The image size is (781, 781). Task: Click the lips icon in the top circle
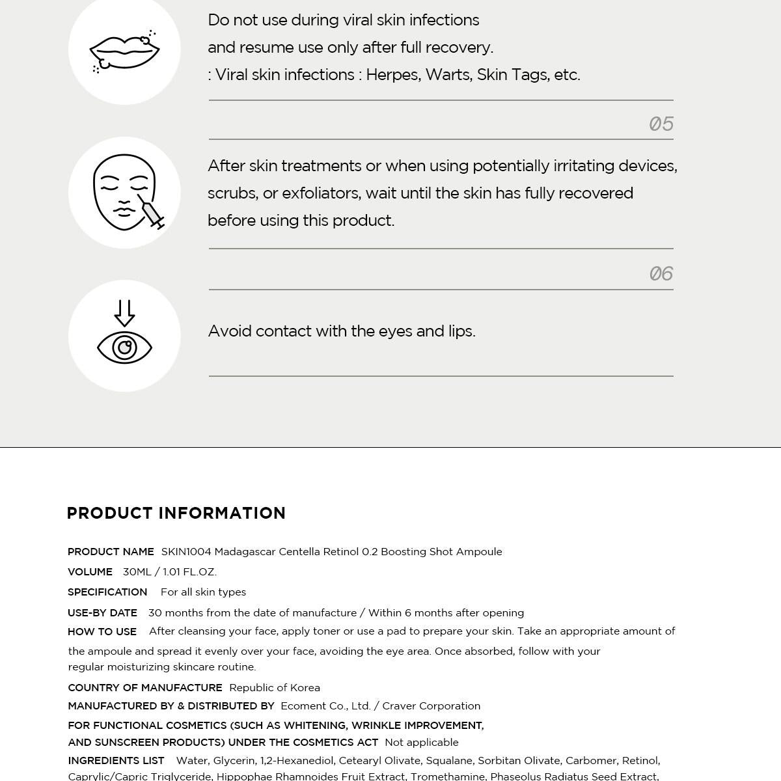[x=124, y=51]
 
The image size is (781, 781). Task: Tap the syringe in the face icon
[x=152, y=213]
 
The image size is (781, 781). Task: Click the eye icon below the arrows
[x=124, y=347]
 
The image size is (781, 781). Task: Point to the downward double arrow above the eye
[x=124, y=312]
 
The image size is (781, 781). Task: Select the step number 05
[x=661, y=124]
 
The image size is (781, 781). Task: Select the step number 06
[x=661, y=273]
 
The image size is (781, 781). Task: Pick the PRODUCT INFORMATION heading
[x=176, y=513]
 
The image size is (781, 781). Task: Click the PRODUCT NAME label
[x=111, y=552]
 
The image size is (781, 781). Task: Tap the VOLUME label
[x=90, y=572]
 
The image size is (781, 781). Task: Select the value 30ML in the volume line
[x=137, y=572]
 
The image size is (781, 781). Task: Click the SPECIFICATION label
[x=107, y=592]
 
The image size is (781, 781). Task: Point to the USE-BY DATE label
[x=102, y=613]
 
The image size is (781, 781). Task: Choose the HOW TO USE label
[x=102, y=631]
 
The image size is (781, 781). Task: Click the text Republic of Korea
[x=275, y=688]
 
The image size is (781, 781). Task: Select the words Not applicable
[x=422, y=743]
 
